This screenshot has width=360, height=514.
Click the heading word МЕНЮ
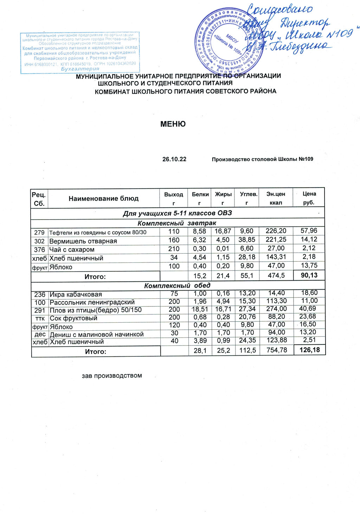coord(173,124)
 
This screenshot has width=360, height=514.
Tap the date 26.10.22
coord(174,159)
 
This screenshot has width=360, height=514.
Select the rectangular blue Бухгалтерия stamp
coord(80,52)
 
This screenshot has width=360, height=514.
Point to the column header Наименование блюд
coord(103,198)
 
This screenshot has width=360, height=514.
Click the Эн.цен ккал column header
coord(276,198)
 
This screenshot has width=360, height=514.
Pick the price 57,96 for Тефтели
coord(309,231)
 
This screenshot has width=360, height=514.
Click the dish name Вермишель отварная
coord(83,241)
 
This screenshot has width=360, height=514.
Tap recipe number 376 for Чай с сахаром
coord(39,249)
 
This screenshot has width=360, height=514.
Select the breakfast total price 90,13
coord(309,275)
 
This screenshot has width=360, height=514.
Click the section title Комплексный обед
coord(177,285)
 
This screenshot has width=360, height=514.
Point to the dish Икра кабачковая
coord(76,294)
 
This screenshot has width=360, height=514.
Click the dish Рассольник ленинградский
coord(92,302)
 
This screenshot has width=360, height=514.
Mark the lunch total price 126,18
coord(309,350)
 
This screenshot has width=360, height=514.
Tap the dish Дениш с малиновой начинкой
coord(97,334)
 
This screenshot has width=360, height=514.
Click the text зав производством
coord(112,375)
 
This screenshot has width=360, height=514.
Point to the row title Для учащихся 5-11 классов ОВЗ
coord(177,213)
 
